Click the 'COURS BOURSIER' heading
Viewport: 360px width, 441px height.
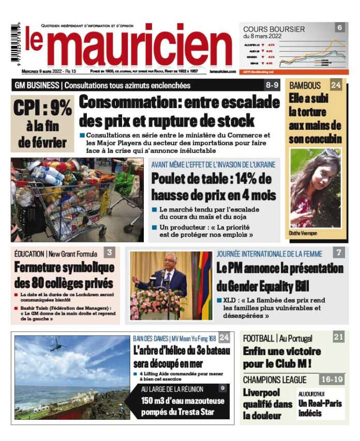point(274,29)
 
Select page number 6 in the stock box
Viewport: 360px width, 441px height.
point(339,27)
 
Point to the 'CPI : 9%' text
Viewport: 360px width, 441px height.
point(42,108)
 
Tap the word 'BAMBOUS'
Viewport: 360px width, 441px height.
point(305,85)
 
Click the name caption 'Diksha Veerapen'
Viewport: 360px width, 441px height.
point(303,234)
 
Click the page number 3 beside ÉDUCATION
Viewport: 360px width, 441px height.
point(109,253)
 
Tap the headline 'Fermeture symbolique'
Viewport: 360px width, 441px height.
point(64,268)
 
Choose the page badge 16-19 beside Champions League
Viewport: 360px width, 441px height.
point(332,379)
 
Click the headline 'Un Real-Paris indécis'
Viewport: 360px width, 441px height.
point(320,408)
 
